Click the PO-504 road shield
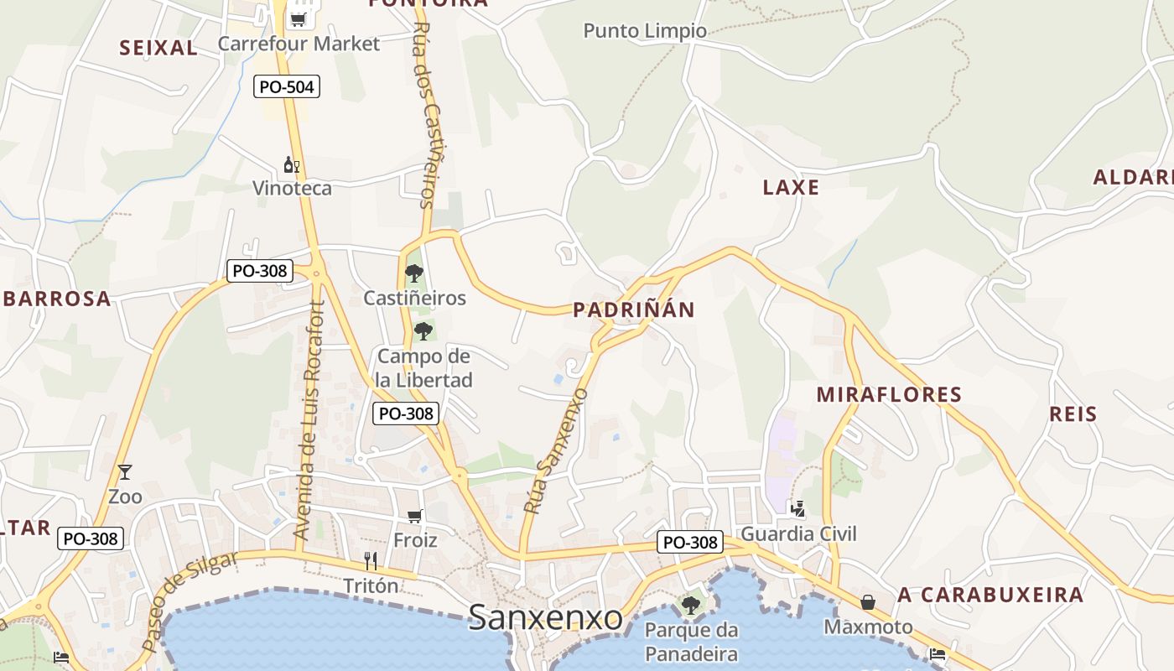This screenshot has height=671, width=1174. tap(287, 86)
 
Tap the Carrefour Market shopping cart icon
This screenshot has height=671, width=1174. tap(298, 17)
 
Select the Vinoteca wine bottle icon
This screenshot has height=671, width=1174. tap(291, 164)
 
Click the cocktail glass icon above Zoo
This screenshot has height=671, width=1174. tap(125, 472)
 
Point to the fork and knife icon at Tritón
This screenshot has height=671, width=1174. tap(371, 560)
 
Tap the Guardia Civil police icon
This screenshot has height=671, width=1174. tap(797, 507)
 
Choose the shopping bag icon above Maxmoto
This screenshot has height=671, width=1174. tap(868, 602)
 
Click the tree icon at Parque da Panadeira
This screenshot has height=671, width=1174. tap(690, 605)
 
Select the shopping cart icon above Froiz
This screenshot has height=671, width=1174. tap(414, 516)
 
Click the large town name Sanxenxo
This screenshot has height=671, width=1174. tap(545, 618)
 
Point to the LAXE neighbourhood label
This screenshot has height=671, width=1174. tap(791, 187)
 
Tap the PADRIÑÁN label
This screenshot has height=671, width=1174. tap(634, 310)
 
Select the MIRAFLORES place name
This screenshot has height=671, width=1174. tap(889, 394)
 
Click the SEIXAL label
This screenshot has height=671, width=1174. tap(158, 48)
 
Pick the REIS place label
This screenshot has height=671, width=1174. tap(1073, 414)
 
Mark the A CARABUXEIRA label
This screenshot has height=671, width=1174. tap(990, 596)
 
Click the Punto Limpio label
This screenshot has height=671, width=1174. tap(645, 31)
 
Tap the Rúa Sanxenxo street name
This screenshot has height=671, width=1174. tap(555, 450)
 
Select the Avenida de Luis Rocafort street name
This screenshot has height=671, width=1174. tap(308, 419)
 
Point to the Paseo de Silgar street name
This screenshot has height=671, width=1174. tap(190, 600)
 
